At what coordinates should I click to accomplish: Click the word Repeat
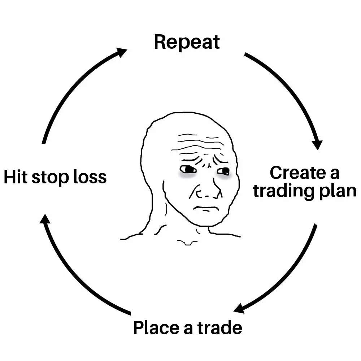(x=187, y=43)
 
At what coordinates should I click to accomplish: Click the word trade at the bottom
(x=220, y=328)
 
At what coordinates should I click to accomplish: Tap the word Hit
(x=16, y=177)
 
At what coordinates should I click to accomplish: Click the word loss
(x=91, y=177)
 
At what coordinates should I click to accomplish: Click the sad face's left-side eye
(x=188, y=169)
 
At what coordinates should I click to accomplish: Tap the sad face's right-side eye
(x=224, y=171)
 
